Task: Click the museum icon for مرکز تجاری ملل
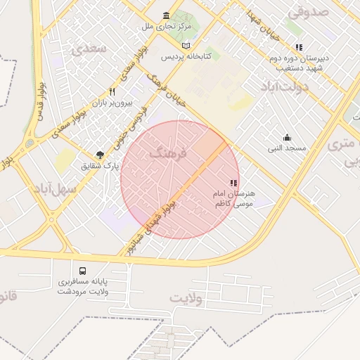[x=166, y=15]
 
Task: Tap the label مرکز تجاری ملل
[x=166, y=27]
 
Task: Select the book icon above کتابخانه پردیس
[x=186, y=45]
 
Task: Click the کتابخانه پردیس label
[x=186, y=56]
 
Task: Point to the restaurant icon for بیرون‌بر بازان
[x=112, y=91]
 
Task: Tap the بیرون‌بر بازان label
[x=112, y=103]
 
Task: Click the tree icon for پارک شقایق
[x=101, y=155]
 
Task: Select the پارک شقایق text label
[x=101, y=166]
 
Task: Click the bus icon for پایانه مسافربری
[x=83, y=271]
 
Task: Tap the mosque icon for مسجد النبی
[x=287, y=137]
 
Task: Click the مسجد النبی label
[x=287, y=148]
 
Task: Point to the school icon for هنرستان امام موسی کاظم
[x=233, y=183]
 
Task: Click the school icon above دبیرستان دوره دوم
[x=300, y=47]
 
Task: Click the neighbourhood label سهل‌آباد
[x=51, y=188]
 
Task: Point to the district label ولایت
[x=186, y=298]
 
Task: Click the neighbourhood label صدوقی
[x=308, y=11]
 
